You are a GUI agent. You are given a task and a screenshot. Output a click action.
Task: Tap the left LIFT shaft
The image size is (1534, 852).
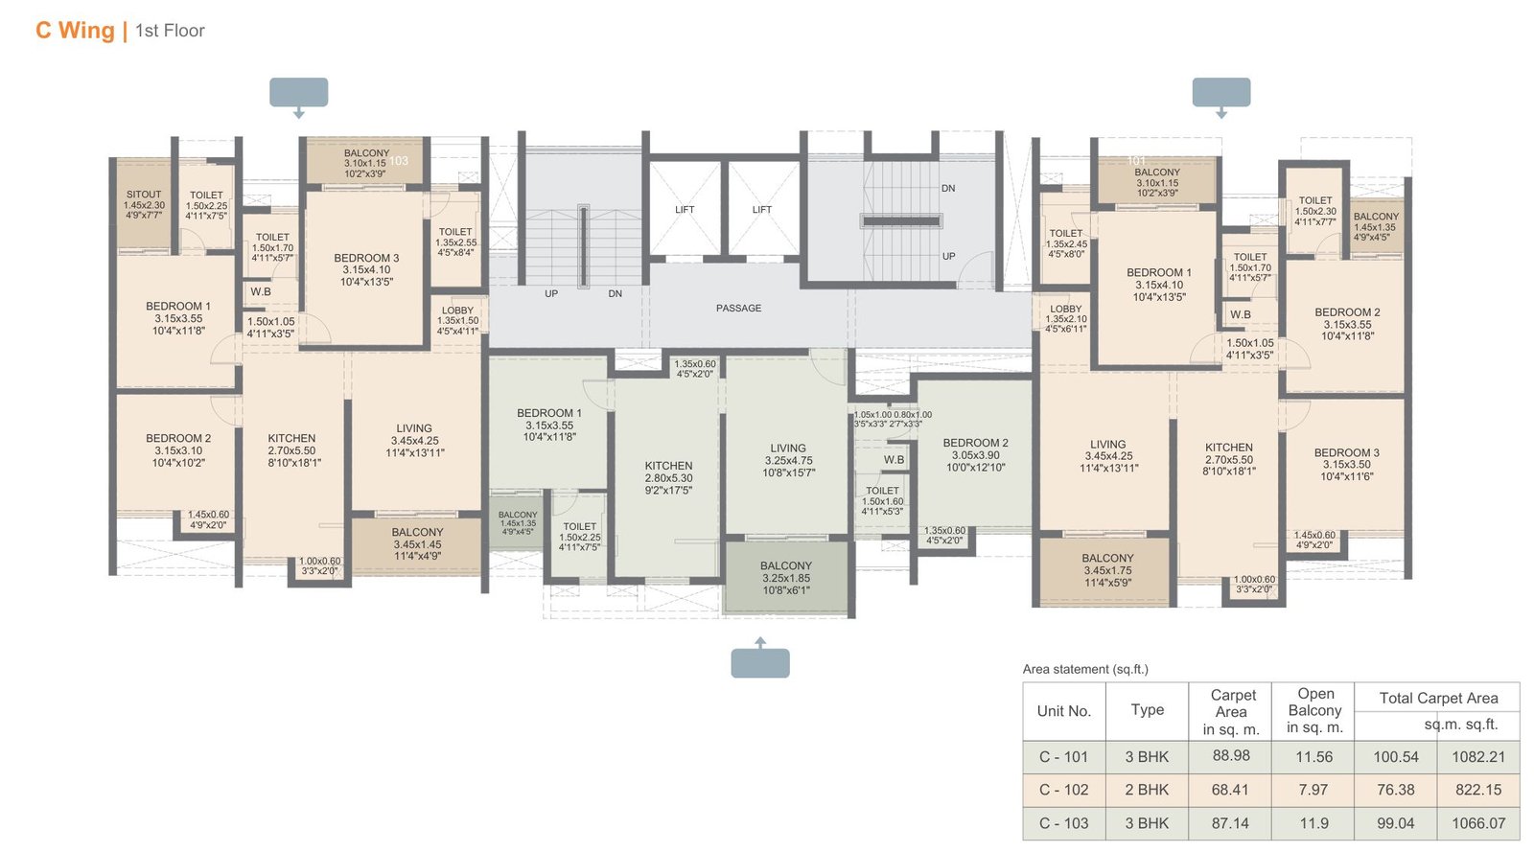coord(685,209)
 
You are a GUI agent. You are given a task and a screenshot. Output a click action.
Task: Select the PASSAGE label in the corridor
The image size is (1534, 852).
coord(738,308)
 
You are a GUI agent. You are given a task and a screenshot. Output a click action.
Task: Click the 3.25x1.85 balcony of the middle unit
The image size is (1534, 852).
coord(786,578)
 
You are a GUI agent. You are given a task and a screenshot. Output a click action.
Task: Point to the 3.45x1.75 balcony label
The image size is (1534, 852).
coord(1107,570)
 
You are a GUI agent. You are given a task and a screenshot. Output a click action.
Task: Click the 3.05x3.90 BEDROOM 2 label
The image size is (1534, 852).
coord(975,455)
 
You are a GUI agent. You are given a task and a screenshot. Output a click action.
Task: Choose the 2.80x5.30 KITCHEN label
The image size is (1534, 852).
coord(668,477)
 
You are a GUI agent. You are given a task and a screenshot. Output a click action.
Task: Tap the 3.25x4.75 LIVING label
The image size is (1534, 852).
coord(788,460)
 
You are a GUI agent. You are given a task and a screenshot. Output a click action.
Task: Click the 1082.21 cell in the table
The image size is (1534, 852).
coord(1477,756)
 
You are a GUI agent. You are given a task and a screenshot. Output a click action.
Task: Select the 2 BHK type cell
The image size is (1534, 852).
coord(1147,790)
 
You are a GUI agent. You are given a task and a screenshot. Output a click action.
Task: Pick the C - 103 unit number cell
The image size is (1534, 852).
coord(1063,823)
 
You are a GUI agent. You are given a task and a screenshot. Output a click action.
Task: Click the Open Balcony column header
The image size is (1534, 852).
coord(1314,710)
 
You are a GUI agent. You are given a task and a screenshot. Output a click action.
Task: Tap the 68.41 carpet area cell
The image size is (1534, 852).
coord(1230,790)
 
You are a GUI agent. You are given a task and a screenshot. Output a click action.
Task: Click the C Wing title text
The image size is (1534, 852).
coord(74,31)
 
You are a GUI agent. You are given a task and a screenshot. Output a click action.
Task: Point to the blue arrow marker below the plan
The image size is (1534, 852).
coord(760,661)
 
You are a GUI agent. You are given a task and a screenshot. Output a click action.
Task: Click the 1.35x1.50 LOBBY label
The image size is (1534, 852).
coord(457,321)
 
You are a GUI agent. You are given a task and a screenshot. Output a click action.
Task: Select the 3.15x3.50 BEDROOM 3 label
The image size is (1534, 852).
coord(1346,464)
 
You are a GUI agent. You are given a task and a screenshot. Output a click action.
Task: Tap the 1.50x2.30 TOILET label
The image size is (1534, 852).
coord(1315,211)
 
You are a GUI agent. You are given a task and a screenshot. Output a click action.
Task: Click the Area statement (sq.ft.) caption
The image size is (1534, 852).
coord(1084,669)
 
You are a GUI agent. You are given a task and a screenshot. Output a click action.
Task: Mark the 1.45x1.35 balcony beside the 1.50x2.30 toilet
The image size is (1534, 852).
coord(1376,227)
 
